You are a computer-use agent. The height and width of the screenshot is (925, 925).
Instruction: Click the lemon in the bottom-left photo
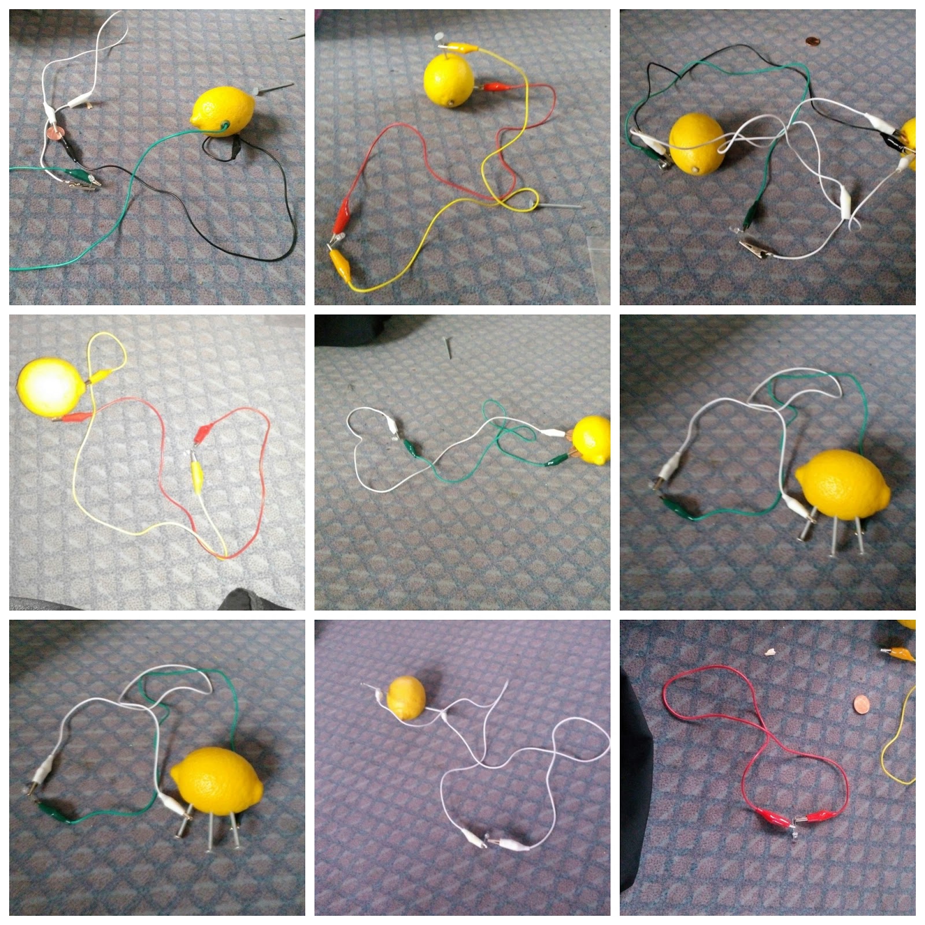click(217, 780)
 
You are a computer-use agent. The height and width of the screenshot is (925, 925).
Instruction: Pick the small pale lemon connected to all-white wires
click(406, 698)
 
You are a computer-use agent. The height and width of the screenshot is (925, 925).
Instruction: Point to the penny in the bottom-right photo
click(862, 705)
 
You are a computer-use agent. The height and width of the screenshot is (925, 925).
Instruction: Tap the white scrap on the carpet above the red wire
click(771, 652)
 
